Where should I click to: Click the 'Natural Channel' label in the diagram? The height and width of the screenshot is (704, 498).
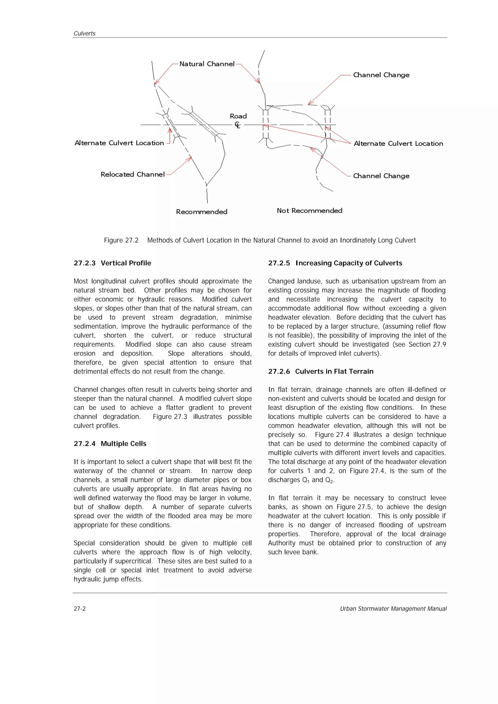tap(206, 64)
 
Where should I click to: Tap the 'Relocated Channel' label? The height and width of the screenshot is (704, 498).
tap(133, 174)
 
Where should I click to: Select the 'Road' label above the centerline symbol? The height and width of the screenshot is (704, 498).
tap(238, 116)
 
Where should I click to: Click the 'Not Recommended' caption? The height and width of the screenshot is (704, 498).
tap(309, 210)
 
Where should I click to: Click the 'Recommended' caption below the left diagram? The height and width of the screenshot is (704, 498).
tap(202, 212)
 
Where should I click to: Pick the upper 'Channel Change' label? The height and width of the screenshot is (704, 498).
tap(381, 75)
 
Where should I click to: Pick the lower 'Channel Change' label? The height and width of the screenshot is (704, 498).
tap(381, 176)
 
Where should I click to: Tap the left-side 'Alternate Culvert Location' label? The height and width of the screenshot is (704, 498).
tap(119, 143)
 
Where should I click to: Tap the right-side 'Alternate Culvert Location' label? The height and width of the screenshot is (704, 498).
tap(398, 144)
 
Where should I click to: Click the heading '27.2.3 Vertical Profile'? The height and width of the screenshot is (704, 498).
tap(112, 263)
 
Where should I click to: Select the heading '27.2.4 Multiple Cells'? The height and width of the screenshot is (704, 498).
tap(110, 443)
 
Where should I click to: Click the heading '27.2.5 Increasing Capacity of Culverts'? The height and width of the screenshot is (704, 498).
tap(335, 263)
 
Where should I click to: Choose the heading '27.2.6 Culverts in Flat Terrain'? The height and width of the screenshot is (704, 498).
tap(321, 371)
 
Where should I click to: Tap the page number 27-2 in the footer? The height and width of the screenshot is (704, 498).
tap(80, 609)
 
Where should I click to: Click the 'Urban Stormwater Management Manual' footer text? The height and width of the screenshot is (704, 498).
tap(393, 609)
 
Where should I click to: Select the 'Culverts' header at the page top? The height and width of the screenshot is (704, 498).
tap(84, 34)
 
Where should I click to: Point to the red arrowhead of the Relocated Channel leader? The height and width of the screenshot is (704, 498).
tap(191, 158)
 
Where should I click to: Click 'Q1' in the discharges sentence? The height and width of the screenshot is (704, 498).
tap(306, 480)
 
